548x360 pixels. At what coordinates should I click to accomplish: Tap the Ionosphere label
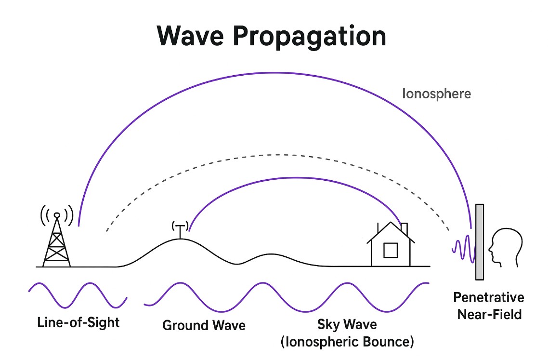(436, 93)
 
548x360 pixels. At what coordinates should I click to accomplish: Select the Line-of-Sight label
(78, 322)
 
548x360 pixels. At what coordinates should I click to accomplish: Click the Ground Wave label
(204, 325)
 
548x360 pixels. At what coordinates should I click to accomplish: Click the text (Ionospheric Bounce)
(347, 342)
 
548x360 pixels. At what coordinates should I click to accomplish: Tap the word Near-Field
(489, 315)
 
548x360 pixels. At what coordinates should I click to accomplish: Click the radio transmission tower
(57, 243)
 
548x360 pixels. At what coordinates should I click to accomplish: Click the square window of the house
(390, 250)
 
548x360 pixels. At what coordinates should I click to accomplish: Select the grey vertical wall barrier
(479, 242)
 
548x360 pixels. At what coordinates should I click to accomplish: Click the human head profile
(505, 246)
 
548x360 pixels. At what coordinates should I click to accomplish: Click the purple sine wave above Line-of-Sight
(77, 295)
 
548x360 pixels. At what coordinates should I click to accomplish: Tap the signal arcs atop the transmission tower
(57, 212)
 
